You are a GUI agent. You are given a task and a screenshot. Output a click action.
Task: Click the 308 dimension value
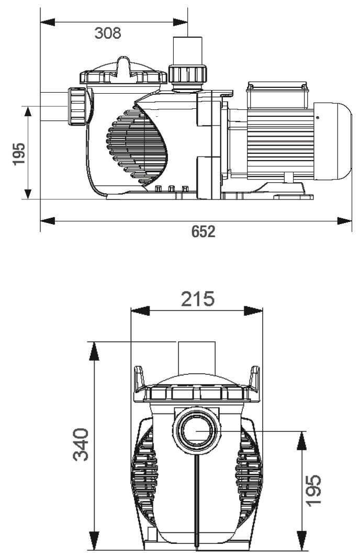tap(108, 33)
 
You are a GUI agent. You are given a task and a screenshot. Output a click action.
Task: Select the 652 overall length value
tap(203, 231)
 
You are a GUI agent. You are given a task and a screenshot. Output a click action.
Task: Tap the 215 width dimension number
tap(198, 299)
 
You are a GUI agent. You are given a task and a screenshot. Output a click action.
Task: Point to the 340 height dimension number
tap(81, 444)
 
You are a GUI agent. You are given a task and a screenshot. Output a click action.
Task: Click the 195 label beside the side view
tap(19, 154)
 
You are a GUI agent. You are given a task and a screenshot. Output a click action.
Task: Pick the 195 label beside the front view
tap(313, 490)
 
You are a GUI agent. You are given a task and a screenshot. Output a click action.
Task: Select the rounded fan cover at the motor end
tap(332, 140)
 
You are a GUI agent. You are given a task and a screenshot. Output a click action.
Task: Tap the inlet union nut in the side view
tap(77, 107)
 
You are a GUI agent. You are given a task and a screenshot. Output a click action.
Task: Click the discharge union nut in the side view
tap(187, 74)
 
